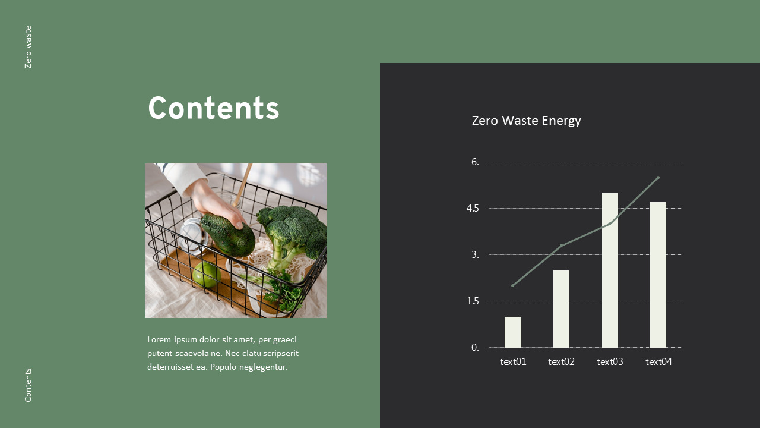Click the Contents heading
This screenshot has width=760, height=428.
coord(213,109)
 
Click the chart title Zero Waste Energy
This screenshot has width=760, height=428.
coord(526,121)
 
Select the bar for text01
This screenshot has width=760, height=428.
coord(513,332)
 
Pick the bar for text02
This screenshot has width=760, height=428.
coord(561,309)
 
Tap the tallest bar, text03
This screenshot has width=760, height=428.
coord(610,270)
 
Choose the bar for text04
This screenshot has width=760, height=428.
coord(658,275)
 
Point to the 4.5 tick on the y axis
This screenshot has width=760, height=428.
coord(473,209)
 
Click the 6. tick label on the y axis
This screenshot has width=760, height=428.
coord(475,162)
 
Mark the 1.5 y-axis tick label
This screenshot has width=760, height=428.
coord(473,301)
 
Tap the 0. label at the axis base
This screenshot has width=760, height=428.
coord(475,348)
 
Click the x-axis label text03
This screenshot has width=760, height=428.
coord(610,361)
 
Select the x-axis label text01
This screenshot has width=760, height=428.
coord(513,361)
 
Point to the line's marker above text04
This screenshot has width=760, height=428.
coord(658,177)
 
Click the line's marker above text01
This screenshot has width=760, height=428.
coord(512,285)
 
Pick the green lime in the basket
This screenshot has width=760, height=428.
coord(207,274)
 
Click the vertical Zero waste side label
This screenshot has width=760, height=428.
coord(28,47)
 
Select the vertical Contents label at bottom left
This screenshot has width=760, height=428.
coord(28,385)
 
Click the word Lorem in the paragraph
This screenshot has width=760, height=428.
coord(159,339)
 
